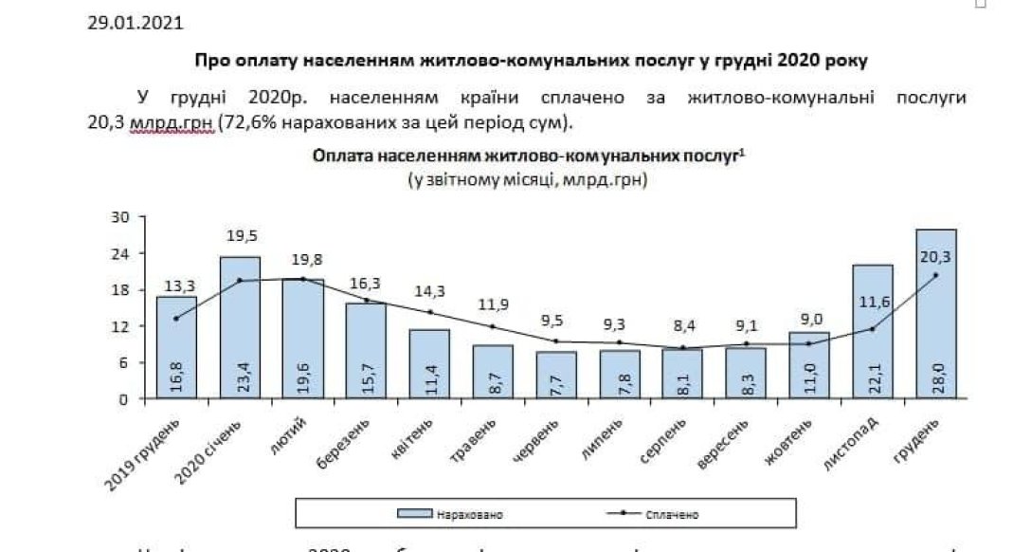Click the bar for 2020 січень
pyautogui.click(x=240, y=327)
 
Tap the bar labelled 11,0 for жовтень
pyautogui.click(x=809, y=365)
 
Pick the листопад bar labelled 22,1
pyautogui.click(x=872, y=332)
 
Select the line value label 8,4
pyautogui.click(x=682, y=327)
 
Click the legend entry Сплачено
pyautogui.click(x=674, y=514)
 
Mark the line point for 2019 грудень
pyautogui.click(x=176, y=318)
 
